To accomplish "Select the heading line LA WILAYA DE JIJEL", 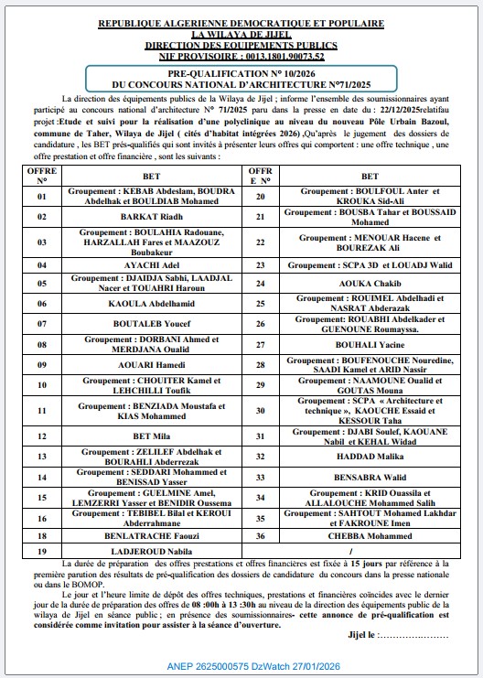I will click(x=241, y=33).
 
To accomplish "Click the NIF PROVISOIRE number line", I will click(x=241, y=55).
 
